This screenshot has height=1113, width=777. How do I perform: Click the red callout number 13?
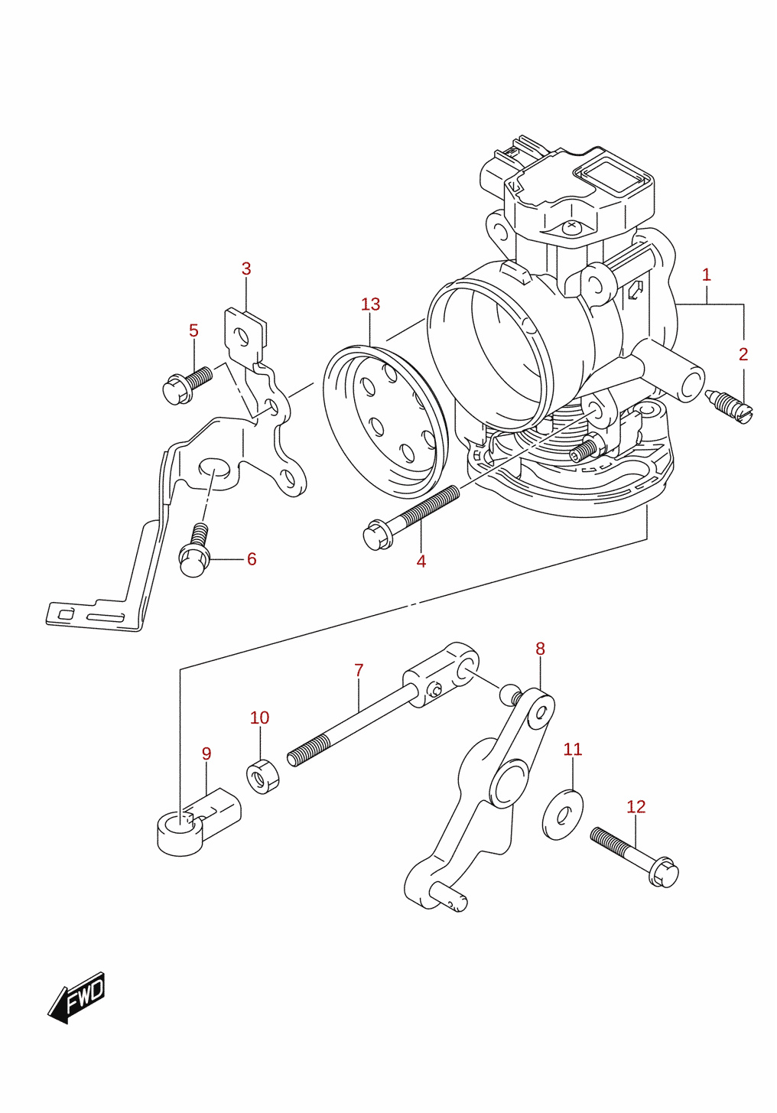point(371,304)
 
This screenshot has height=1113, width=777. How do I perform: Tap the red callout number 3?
point(246,268)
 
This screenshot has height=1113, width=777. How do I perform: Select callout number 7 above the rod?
point(359,670)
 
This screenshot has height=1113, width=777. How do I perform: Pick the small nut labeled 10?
point(263,776)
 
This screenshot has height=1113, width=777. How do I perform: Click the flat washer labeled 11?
point(563,815)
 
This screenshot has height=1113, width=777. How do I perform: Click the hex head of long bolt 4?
point(378,535)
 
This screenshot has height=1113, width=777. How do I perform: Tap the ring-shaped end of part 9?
point(180,834)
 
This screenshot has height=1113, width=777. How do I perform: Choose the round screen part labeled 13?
point(385,422)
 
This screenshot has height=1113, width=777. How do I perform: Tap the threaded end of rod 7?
point(308,751)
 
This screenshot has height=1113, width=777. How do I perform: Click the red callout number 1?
point(706,275)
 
